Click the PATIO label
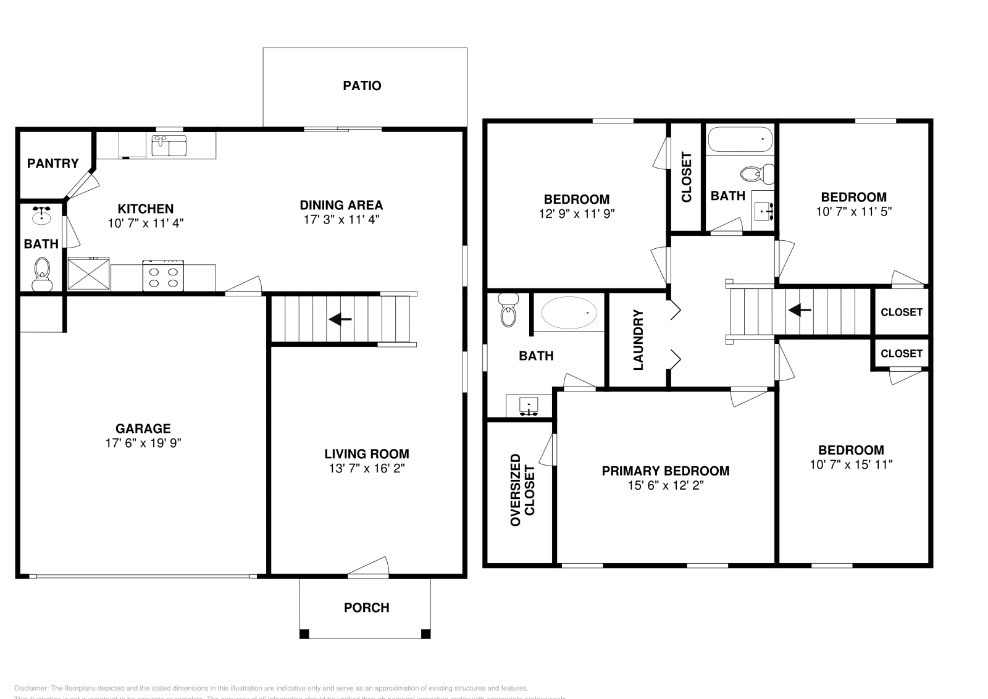coord(362,86)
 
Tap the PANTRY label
coord(53,163)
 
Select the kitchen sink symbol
coord(169,146)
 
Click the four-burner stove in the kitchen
coord(164,275)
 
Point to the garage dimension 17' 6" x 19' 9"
coord(143,443)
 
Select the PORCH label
coord(366,608)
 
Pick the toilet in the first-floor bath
coord(42,272)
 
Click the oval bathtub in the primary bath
coord(569,313)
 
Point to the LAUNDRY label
coord(638,340)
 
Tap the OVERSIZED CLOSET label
coord(522,490)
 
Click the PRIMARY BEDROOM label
coord(665,471)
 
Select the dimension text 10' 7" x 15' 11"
coord(851,464)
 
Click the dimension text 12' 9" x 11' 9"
coord(576,214)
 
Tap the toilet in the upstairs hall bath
coord(756,174)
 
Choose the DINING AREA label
coord(341,205)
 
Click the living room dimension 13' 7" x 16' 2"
coord(366,469)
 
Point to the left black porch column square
coord(304,634)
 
